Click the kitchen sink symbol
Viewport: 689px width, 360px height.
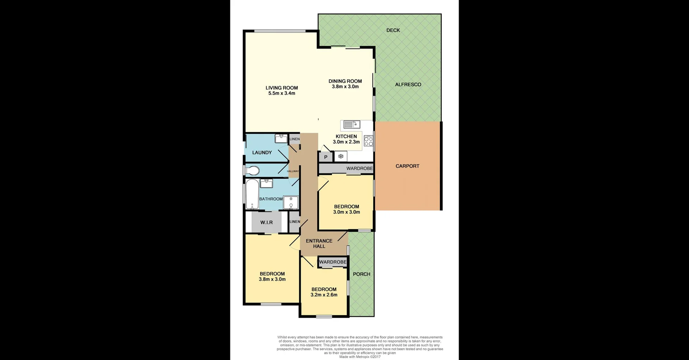pos(351,125)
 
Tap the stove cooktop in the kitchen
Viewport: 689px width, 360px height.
pos(369,141)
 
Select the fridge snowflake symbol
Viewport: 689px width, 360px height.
pos(341,156)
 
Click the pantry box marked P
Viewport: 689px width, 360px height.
pos(326,157)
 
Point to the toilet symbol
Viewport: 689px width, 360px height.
pos(253,170)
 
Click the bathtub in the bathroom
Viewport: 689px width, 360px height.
pos(252,194)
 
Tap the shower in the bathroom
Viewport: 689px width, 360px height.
pos(291,202)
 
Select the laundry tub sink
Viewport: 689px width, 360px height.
pos(281,139)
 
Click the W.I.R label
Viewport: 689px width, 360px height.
pos(266,223)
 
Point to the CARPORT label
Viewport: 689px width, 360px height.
pos(407,166)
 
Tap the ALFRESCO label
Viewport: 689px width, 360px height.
pos(408,85)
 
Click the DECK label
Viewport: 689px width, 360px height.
pos(393,31)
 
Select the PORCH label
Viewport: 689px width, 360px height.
pos(361,274)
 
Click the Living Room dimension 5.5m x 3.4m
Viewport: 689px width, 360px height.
pos(282,93)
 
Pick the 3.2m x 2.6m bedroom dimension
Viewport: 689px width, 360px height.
pos(324,295)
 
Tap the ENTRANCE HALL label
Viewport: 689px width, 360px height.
pos(319,243)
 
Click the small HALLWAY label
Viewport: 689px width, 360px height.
pos(293,171)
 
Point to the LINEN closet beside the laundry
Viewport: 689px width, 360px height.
pos(295,139)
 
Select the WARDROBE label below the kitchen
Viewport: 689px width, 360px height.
pos(360,168)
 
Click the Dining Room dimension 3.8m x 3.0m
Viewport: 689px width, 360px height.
pos(345,87)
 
